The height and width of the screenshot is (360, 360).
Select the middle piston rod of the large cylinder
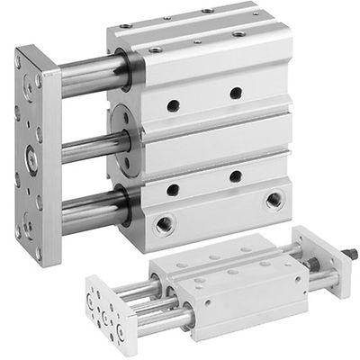click(85, 145)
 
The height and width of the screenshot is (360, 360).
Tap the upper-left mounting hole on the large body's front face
click(172, 105)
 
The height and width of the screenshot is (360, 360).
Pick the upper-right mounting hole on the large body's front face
click(236, 93)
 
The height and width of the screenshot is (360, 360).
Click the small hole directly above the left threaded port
click(172, 189)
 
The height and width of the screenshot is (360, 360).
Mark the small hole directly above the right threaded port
click(235, 176)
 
